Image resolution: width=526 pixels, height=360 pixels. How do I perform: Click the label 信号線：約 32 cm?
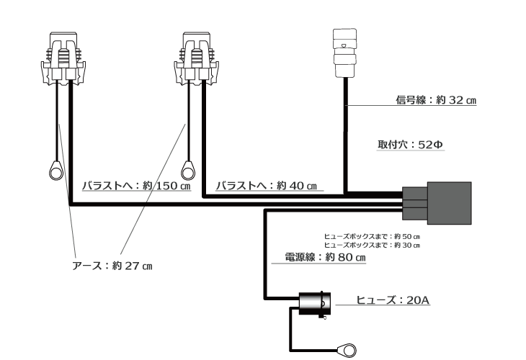(436, 101)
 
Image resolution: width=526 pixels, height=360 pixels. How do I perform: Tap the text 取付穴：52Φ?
(410, 144)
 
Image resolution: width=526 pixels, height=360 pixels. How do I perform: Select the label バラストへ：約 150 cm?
(135, 186)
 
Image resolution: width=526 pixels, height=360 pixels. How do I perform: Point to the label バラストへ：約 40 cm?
(266, 186)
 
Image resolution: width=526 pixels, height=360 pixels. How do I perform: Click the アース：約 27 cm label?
(112, 266)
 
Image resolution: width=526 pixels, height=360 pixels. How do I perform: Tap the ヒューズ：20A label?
(393, 300)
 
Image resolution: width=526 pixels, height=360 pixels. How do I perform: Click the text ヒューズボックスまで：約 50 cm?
(372, 236)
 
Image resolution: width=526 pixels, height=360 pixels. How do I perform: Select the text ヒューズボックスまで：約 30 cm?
(372, 245)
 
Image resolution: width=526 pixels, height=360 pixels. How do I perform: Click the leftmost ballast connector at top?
(63, 57)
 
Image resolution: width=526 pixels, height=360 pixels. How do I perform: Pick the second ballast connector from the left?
(196, 57)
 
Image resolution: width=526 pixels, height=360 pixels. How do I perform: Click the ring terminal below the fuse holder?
(349, 351)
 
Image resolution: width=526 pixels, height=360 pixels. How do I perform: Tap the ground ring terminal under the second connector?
(188, 170)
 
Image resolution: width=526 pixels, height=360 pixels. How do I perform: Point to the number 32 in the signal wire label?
(456, 101)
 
